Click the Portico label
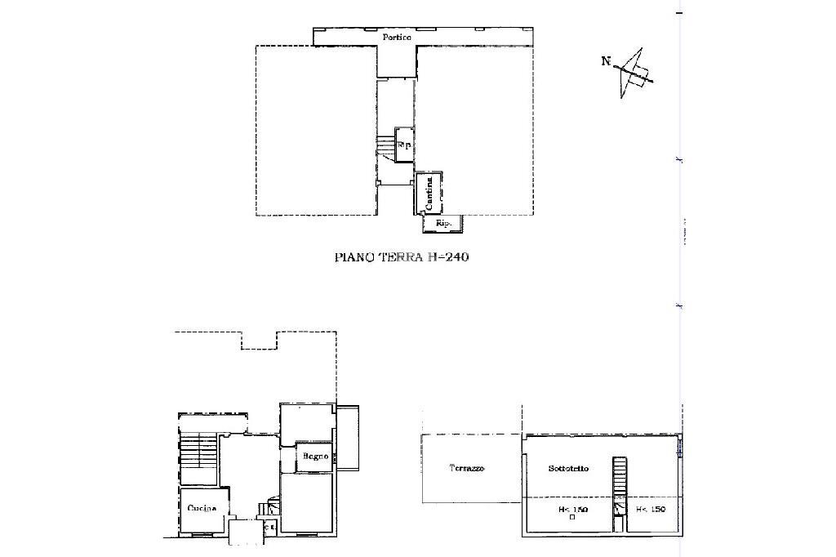tap(398, 38)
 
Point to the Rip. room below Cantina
tap(443, 223)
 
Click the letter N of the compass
tap(606, 60)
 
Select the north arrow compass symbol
tap(635, 75)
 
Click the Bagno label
tap(315, 456)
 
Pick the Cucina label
tap(202, 508)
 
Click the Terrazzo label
tap(467, 469)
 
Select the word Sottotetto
tap(569, 469)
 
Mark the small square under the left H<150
tap(573, 517)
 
